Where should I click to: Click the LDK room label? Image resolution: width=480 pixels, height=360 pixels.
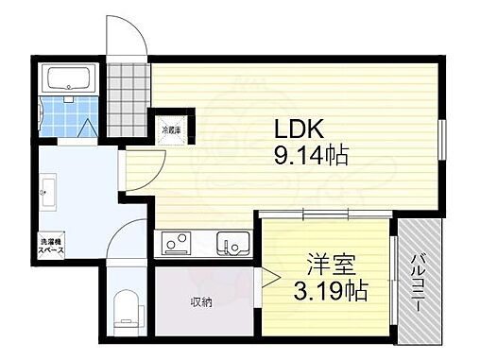coord(300,129)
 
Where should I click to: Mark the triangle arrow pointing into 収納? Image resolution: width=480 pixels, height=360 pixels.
coord(267,278)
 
